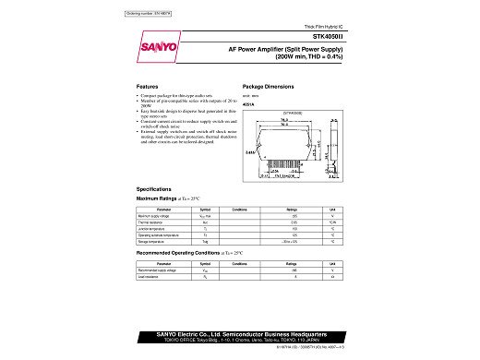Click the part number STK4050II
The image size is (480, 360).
pyautogui.click(x=332, y=37)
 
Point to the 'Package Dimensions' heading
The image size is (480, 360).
pyautogui.click(x=268, y=84)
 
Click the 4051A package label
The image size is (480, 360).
pyautogui.click(x=247, y=104)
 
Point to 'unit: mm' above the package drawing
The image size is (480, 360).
pyautogui.click(x=249, y=97)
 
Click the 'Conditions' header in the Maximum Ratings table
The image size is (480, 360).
pyautogui.click(x=239, y=210)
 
